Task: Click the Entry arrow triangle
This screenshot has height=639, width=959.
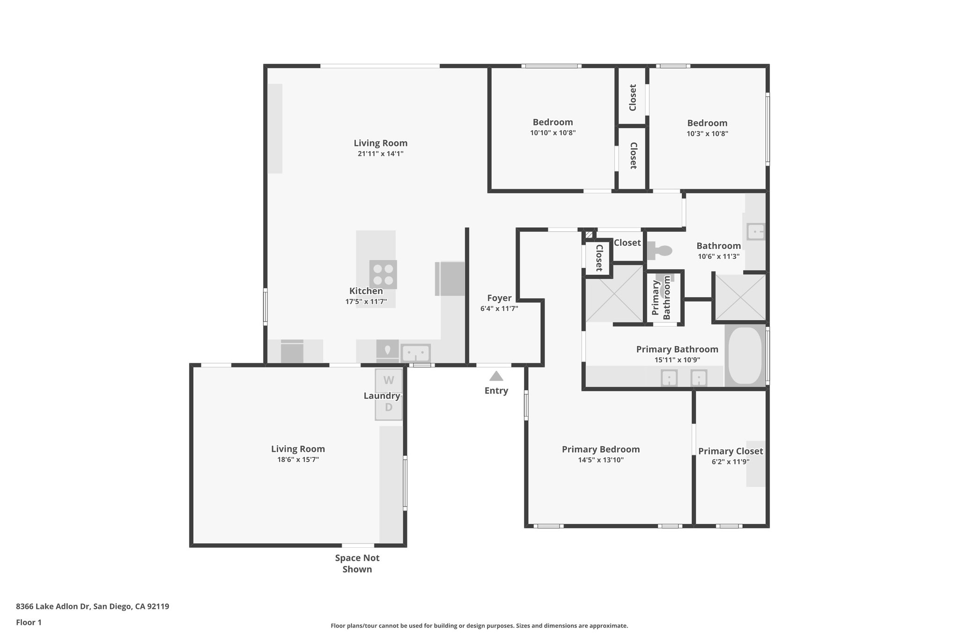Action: coord(496,376)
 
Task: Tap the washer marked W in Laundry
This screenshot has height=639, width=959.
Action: coord(389,381)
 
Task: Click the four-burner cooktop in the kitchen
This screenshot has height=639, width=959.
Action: coord(383,275)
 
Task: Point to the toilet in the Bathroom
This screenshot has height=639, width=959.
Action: coord(660,251)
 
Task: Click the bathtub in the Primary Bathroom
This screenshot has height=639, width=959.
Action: coord(745,356)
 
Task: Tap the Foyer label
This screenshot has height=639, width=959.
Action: coord(499,298)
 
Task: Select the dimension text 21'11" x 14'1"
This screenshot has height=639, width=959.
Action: coord(380,154)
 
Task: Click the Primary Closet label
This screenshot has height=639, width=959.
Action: coord(730,451)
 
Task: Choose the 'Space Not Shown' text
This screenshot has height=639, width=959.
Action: coord(357,564)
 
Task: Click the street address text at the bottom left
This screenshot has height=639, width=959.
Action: coord(92,607)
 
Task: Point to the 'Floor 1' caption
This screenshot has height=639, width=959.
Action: coord(29,623)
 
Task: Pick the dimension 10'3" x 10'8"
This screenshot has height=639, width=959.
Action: coord(707,133)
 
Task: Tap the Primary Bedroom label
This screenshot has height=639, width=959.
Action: coord(600,449)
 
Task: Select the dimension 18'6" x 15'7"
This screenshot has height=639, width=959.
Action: coord(298,460)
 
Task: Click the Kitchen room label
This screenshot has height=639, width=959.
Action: coord(366,291)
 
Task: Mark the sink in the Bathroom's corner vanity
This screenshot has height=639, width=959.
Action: coord(755,232)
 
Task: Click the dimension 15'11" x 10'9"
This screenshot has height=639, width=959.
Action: coord(677,360)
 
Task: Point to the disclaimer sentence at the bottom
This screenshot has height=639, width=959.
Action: coord(479,626)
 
